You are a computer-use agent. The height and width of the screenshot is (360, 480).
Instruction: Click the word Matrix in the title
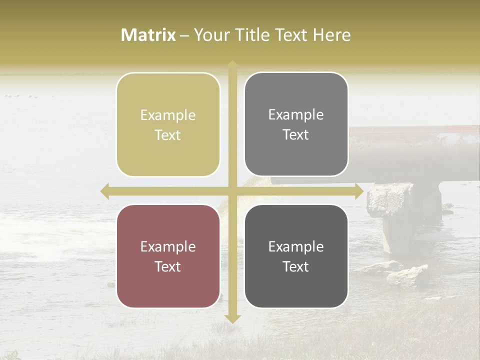click(x=148, y=35)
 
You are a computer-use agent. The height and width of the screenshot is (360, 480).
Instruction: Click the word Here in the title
click(x=332, y=35)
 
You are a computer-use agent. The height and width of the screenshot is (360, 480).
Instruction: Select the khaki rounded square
click(x=168, y=124)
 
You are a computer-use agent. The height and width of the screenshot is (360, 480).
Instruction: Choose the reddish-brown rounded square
click(x=168, y=256)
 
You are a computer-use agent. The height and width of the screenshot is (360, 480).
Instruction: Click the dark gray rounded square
click(x=296, y=256)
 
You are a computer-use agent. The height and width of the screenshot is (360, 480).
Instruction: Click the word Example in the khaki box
click(x=168, y=115)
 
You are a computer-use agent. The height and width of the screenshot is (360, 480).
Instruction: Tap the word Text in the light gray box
click(x=296, y=135)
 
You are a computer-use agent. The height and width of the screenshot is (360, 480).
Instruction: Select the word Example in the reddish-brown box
click(x=168, y=247)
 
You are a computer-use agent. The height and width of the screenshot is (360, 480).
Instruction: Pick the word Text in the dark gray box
click(x=296, y=266)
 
